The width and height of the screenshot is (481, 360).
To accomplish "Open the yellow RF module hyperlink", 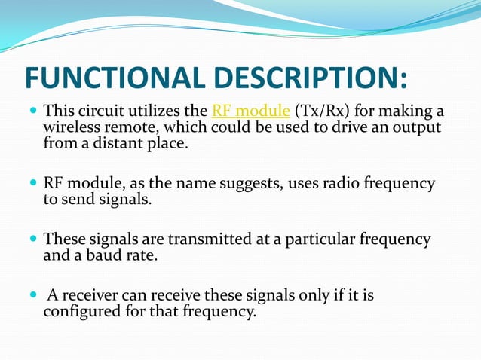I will [251, 112].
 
